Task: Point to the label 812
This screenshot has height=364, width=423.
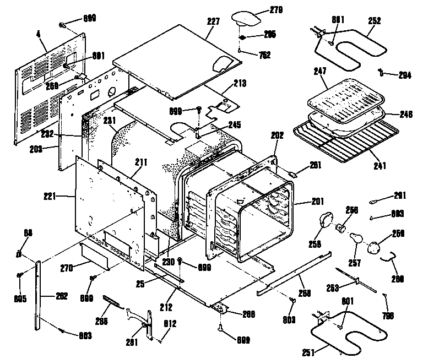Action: click(170, 324)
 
